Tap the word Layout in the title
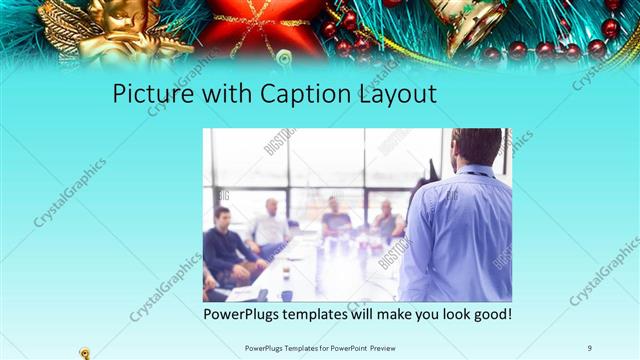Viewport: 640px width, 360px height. click(x=389, y=96)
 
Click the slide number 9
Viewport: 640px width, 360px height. click(x=590, y=347)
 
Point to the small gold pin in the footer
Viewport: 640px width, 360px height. click(x=85, y=352)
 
